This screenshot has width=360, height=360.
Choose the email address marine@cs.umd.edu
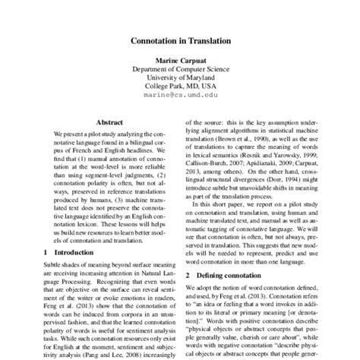click(x=179, y=96)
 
